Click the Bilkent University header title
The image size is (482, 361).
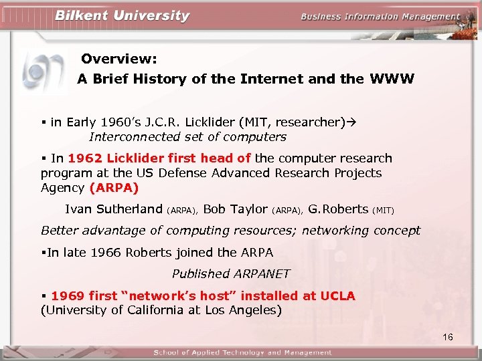[x=122, y=16]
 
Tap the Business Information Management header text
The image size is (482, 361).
[x=380, y=17]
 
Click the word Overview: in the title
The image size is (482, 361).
[x=119, y=59]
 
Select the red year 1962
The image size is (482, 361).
[x=86, y=158]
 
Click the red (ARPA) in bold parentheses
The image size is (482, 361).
[x=114, y=188]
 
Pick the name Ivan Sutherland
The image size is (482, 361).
[x=113, y=209]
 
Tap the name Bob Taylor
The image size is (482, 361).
[x=235, y=209]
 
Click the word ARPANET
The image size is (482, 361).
[x=262, y=273]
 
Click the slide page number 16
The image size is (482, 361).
[x=448, y=337]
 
